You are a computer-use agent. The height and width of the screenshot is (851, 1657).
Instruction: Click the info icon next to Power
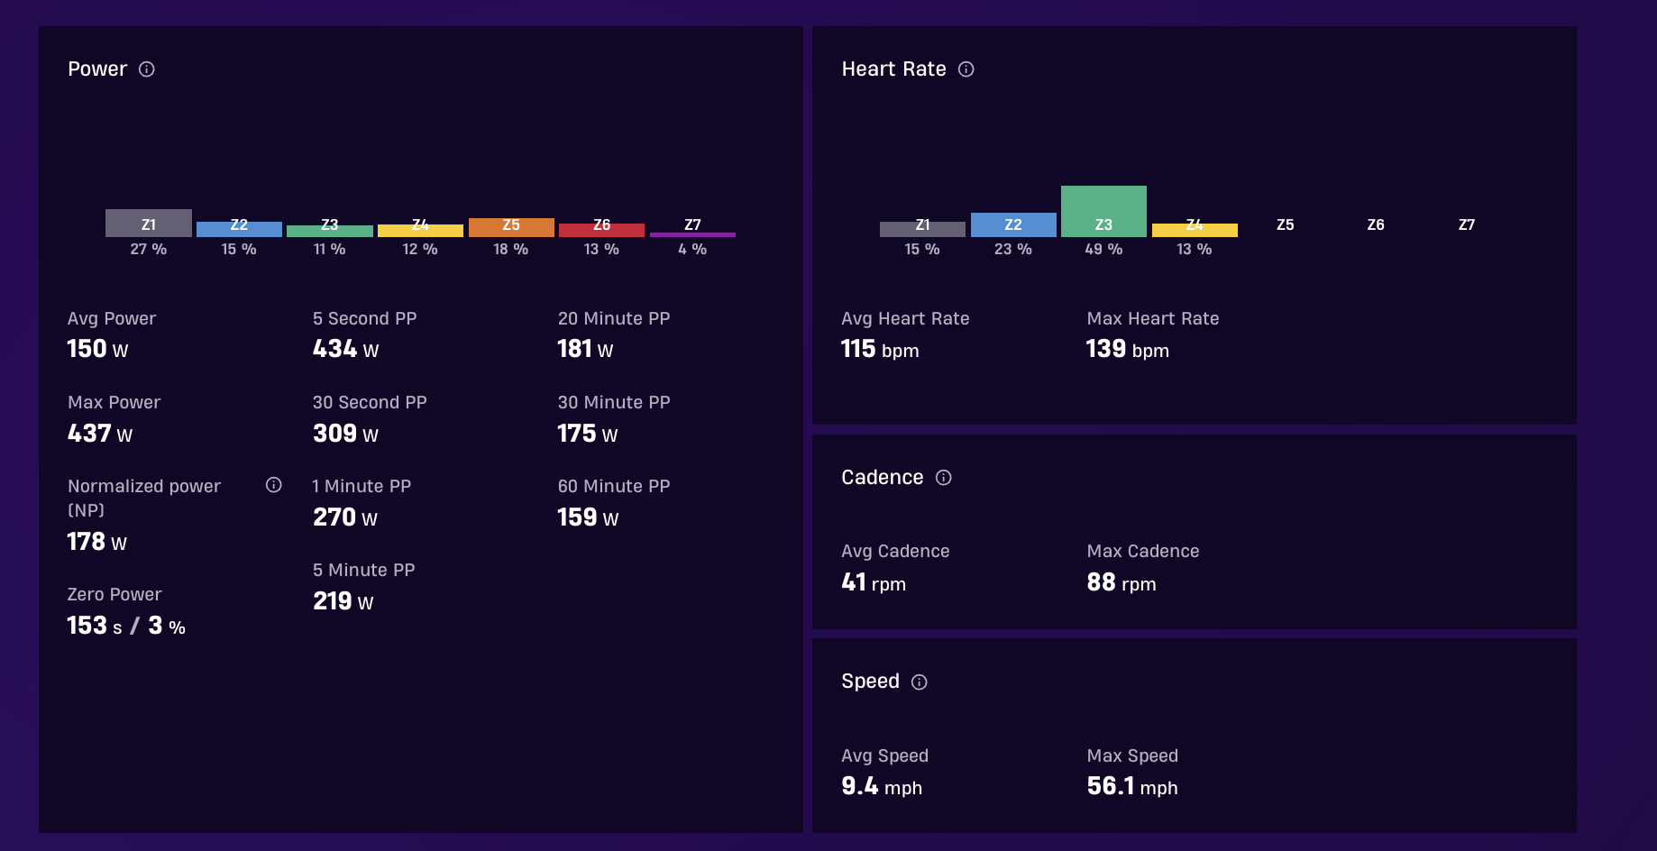(147, 69)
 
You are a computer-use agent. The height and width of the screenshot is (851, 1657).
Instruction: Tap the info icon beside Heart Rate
(966, 69)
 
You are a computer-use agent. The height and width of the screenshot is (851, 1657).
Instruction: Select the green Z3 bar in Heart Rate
(1103, 211)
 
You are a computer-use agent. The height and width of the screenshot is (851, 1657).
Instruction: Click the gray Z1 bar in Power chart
(149, 223)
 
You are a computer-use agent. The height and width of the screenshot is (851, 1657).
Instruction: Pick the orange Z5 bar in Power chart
(511, 227)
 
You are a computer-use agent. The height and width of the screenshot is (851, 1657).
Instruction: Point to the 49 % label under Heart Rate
(1103, 249)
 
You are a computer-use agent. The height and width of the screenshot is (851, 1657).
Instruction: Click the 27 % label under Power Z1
(149, 249)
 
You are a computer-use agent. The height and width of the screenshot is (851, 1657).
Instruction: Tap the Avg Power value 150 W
(97, 349)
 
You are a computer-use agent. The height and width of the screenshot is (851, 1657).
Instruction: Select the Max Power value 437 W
(100, 434)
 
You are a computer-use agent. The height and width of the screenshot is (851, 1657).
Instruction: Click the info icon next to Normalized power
(274, 485)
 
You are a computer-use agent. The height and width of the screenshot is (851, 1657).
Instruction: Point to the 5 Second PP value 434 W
(345, 349)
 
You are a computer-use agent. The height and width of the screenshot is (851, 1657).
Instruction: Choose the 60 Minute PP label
(614, 486)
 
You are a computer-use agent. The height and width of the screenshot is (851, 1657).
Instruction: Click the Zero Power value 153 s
(95, 626)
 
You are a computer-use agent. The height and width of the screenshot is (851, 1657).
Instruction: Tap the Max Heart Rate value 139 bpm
(1127, 349)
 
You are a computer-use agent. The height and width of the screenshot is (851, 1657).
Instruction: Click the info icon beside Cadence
(944, 478)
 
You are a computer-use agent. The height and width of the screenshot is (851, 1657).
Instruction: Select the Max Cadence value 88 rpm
(1121, 582)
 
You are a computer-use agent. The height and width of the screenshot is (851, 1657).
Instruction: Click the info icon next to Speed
(920, 682)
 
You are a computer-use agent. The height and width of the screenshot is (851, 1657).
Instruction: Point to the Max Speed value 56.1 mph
(1132, 786)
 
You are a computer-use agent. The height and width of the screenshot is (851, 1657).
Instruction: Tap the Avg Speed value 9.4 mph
(882, 786)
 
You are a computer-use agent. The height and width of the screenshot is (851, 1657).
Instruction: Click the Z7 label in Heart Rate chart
(1467, 224)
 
